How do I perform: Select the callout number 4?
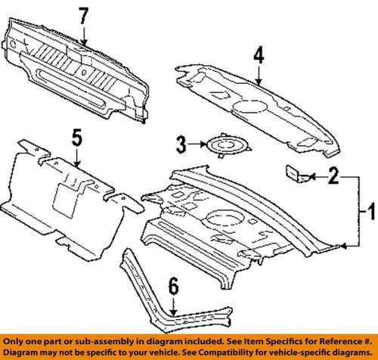(258, 54)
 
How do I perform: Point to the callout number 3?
(181, 143)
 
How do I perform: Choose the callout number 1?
(369, 209)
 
